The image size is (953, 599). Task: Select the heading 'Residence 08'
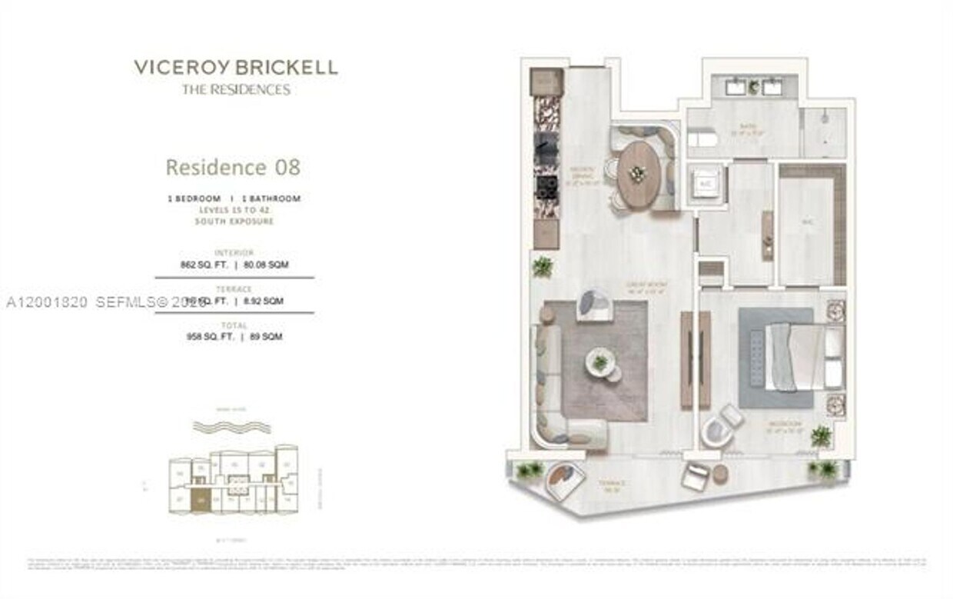[233, 167]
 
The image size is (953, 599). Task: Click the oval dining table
[636, 175]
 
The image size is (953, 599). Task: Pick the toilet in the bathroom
[701, 139]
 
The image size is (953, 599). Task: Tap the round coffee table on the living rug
[600, 364]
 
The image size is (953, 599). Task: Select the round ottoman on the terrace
[720, 474]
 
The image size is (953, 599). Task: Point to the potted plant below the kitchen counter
[543, 266]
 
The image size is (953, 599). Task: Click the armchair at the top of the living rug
[595, 302]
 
